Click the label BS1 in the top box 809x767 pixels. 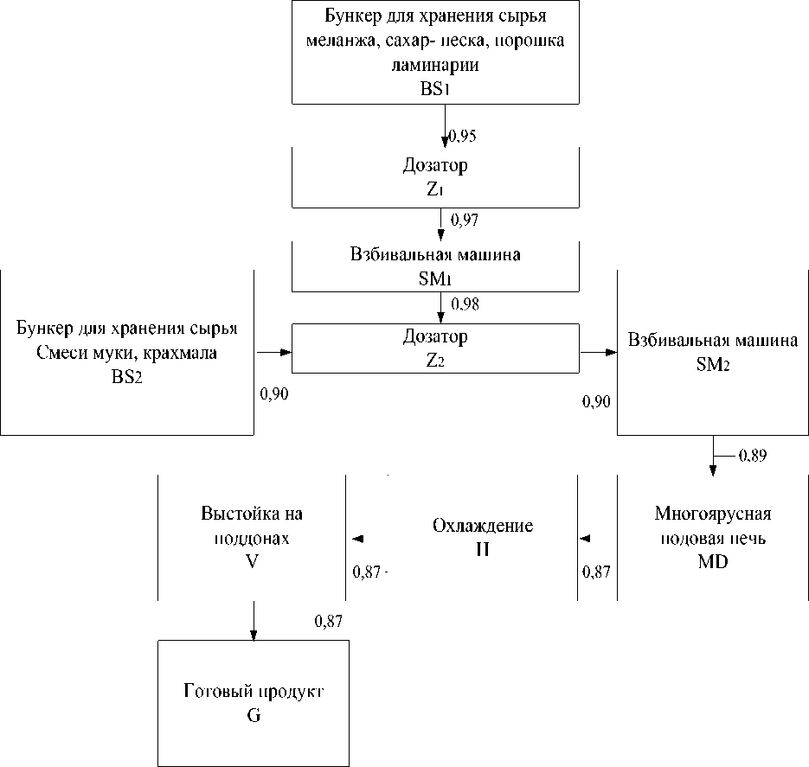click(439, 88)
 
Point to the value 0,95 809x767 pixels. click(464, 136)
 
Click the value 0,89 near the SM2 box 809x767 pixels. click(752, 454)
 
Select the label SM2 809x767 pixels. click(713, 366)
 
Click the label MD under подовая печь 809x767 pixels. click(713, 562)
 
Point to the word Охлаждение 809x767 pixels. click(482, 526)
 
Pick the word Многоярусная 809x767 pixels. click(713, 514)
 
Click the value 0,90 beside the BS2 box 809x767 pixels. click(274, 394)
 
